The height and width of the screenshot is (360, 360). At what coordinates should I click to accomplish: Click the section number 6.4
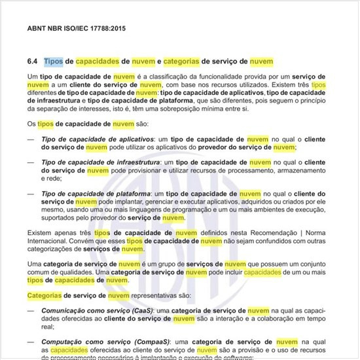pos(33,62)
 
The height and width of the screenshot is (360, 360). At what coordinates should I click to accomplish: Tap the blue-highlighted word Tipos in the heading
pos(54,62)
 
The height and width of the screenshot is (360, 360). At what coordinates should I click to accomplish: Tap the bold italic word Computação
pos(63,341)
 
